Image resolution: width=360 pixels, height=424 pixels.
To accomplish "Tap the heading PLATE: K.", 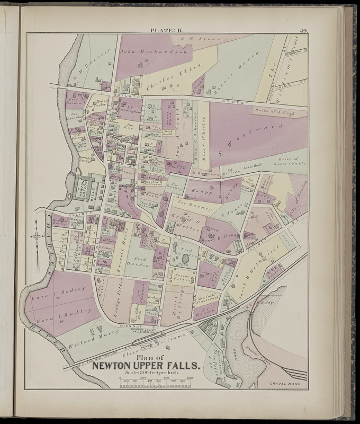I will [x=168, y=31].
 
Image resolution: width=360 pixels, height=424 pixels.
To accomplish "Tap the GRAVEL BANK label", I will [x=286, y=383].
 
